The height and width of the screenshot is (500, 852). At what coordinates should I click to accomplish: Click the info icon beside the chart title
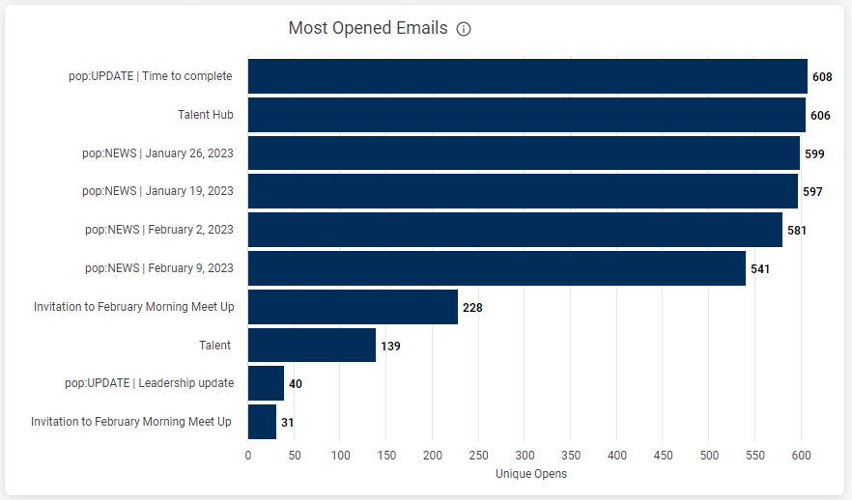coord(464,29)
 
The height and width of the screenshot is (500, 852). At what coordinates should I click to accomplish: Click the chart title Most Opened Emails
coord(368,28)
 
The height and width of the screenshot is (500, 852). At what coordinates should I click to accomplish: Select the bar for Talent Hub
coord(526,115)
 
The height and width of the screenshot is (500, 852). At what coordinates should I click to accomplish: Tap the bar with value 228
coord(353,307)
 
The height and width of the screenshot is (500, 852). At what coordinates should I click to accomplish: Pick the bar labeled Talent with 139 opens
coord(311,345)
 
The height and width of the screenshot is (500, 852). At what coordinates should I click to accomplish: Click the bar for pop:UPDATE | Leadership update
coord(266,383)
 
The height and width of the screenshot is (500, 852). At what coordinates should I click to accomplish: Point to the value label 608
coord(822,76)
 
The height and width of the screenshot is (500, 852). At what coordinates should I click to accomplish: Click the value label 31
coord(288,422)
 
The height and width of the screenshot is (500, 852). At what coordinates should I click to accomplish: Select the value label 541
coord(760,268)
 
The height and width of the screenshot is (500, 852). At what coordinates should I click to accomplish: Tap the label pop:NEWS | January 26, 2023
coord(157,153)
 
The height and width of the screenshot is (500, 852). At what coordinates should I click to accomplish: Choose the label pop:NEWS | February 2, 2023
coord(159,230)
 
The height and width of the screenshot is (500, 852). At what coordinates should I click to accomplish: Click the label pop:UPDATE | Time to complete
coord(151,76)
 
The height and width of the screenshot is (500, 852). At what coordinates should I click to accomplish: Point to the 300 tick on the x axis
coord(525,455)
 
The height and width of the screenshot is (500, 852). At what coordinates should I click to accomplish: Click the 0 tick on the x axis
coord(248,455)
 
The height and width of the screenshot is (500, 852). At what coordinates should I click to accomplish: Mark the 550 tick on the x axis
coord(755,455)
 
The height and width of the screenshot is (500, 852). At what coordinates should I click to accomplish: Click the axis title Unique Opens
coord(530,474)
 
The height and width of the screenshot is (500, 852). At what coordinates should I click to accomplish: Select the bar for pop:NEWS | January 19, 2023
coord(523,191)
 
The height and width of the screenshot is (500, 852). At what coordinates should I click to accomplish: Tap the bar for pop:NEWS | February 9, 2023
coord(497,268)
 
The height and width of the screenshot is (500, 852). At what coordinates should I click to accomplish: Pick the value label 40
coord(296,383)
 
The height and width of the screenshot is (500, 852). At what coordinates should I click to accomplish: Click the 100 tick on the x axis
coord(340,455)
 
